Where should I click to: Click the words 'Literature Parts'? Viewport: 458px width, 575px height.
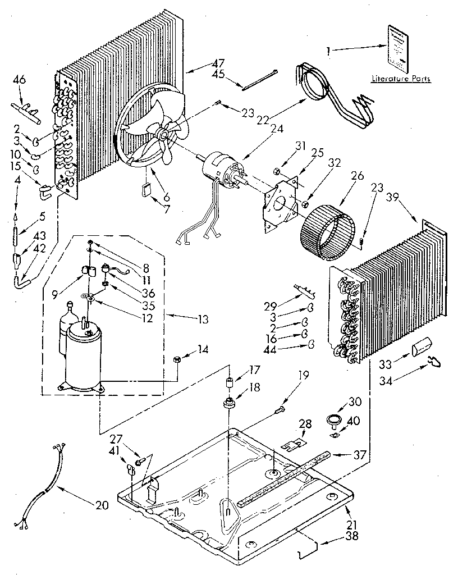(401, 79)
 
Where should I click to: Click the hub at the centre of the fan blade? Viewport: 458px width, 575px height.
(163, 135)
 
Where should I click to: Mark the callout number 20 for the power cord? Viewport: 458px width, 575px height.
(101, 505)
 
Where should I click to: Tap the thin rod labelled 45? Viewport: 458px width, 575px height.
(260, 79)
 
